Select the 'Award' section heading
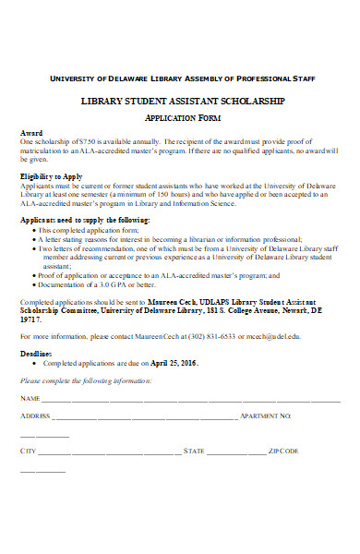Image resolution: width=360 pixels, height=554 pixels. [x=30, y=134]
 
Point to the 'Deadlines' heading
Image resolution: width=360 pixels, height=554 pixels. [x=36, y=352]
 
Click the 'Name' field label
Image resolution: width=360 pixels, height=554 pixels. [x=30, y=400]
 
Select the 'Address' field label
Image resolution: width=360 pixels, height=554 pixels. [x=35, y=417]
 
